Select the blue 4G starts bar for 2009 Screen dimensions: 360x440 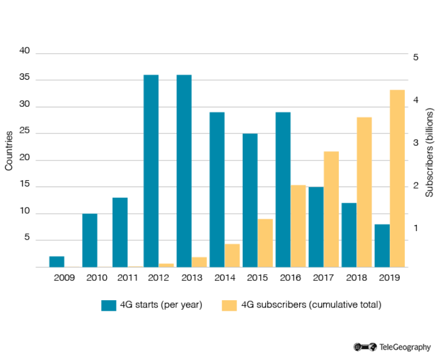[x=57, y=261]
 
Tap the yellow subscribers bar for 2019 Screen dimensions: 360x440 [x=398, y=178]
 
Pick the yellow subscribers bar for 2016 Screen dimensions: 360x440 [x=298, y=226]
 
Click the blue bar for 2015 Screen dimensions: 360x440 [x=250, y=200]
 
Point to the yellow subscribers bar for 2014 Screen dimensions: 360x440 [x=232, y=255]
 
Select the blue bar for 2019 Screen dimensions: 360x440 [x=382, y=245]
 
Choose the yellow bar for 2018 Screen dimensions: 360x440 [x=364, y=192]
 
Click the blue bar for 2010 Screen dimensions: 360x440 [x=89, y=240]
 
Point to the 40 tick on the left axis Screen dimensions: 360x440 [x=24, y=51]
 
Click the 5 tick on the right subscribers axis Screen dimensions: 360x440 [x=415, y=57]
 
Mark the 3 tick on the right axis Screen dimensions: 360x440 [x=415, y=143]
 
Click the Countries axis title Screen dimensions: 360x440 [x=9, y=150]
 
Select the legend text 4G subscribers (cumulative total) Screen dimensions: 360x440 [x=311, y=305]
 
